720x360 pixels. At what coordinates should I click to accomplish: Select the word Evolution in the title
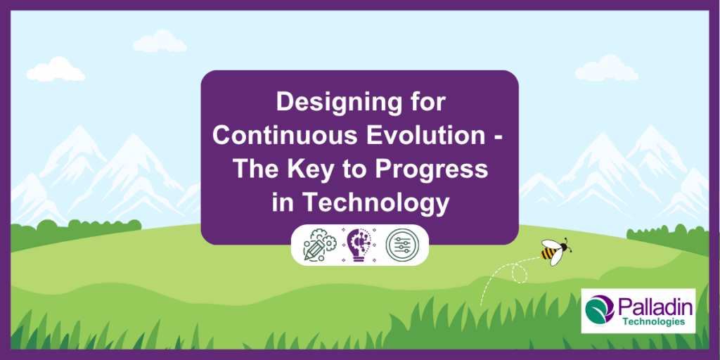[418, 136]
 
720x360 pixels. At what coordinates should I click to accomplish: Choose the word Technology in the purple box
[375, 202]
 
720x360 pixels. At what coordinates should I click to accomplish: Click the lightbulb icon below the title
[360, 244]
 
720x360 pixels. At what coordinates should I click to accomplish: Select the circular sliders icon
[400, 244]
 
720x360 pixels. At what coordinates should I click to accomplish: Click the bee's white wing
[556, 257]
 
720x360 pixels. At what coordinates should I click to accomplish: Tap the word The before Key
[255, 169]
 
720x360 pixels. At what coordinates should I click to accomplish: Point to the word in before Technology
[283, 202]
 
